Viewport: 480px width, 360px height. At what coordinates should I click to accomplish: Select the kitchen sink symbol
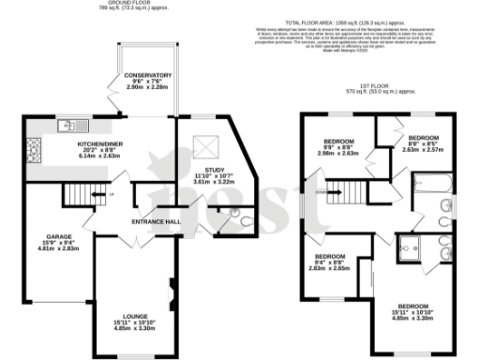coord(70,125)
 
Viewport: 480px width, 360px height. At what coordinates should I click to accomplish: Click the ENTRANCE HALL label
coord(155,221)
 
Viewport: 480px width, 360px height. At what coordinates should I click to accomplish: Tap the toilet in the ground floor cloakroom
coord(243,222)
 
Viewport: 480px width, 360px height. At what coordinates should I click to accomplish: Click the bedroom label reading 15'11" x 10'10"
coord(417,312)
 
